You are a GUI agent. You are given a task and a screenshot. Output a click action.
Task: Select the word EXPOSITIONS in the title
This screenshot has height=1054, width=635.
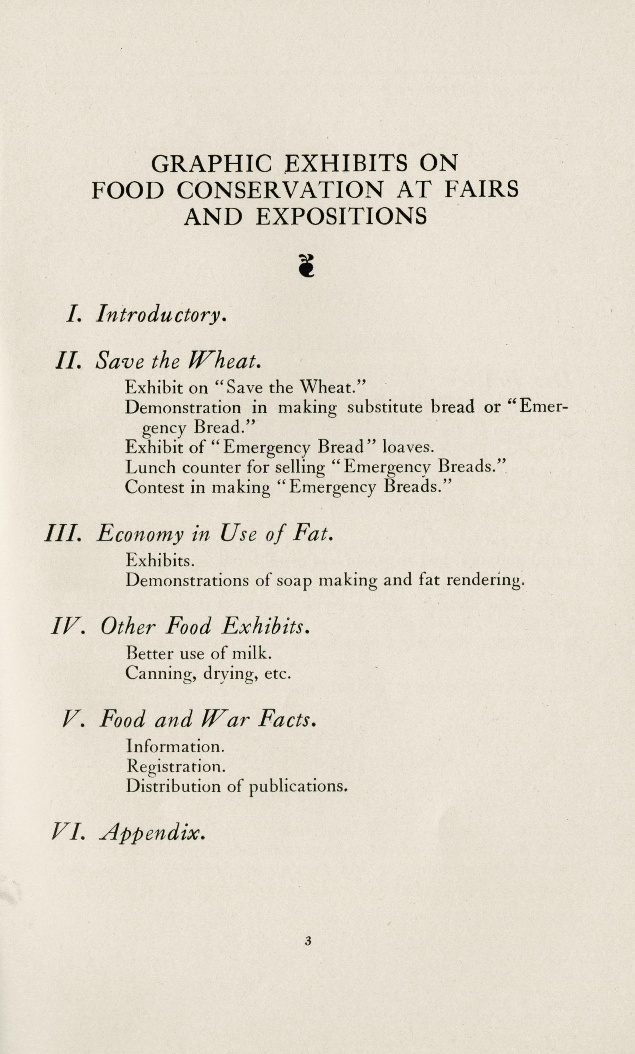(x=341, y=216)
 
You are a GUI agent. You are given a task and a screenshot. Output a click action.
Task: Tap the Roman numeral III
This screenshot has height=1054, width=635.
(x=63, y=535)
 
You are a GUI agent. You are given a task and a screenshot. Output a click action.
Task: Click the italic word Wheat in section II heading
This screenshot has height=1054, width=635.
(x=223, y=361)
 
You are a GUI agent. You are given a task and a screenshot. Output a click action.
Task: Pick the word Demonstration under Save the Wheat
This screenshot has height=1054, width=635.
(x=183, y=407)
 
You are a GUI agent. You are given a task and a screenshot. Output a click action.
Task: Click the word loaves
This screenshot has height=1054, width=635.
(x=408, y=447)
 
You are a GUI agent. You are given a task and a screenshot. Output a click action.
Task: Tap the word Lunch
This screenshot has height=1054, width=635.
(x=150, y=467)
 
